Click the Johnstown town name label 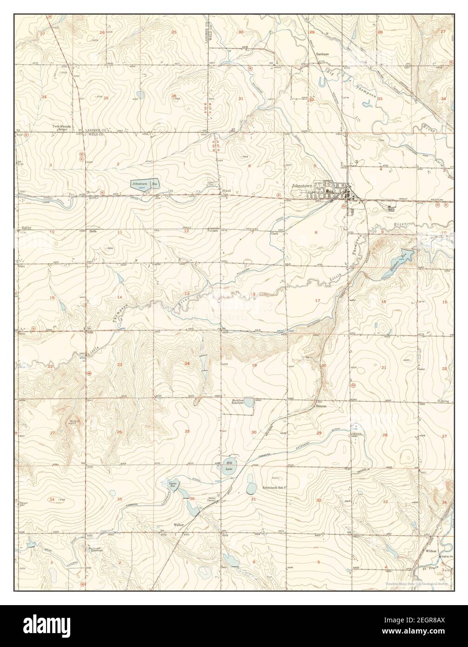(302, 185)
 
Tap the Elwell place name (227, 190)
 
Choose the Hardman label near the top (322, 54)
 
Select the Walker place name (179, 525)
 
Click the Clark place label (274, 234)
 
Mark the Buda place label (93, 230)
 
